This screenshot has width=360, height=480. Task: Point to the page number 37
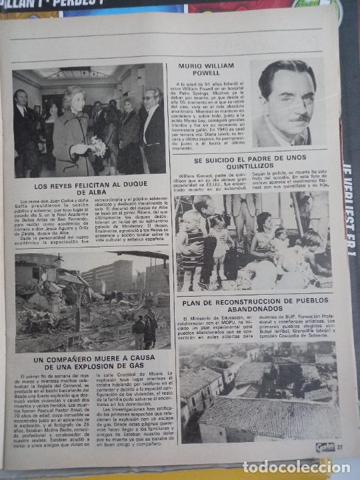tap(339, 446)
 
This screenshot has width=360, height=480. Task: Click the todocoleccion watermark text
tap(295, 467)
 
